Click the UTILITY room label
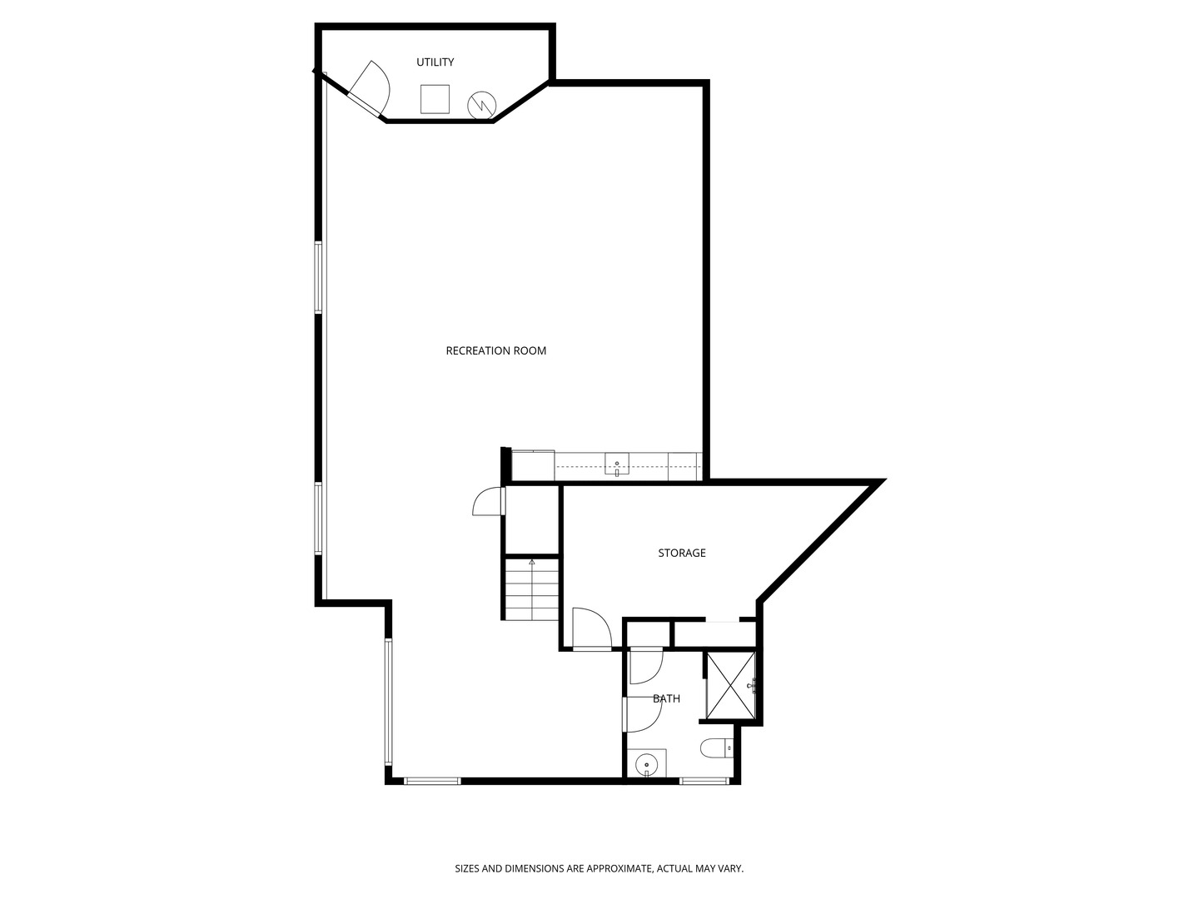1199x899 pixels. coord(435,62)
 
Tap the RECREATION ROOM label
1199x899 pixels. coord(495,350)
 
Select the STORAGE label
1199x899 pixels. coord(681,553)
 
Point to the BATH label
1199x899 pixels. coord(666,698)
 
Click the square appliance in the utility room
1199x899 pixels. coord(435,99)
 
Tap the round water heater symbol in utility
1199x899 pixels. coord(481,104)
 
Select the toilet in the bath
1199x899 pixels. coord(716,749)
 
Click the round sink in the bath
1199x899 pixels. coord(646,763)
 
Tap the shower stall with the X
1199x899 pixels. coord(730,685)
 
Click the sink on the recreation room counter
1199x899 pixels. coord(616,466)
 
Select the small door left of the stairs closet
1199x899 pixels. coord(488,501)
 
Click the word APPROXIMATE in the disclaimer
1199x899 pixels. coord(619,868)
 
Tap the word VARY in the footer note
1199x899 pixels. coord(729,868)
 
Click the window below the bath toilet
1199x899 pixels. coord(704,781)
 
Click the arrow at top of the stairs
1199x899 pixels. coord(531,563)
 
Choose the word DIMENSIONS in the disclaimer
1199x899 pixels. coord(534,868)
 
